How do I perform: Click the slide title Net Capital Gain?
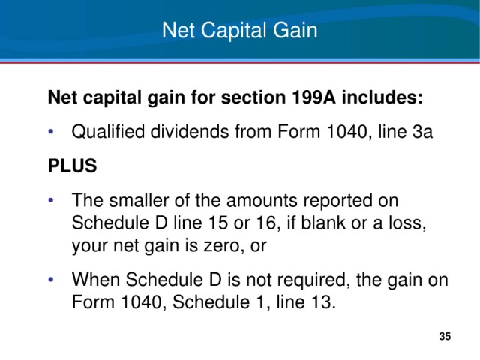(x=240, y=31)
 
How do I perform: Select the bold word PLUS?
(x=73, y=166)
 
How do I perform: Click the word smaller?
(x=139, y=201)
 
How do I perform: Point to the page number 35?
(x=445, y=336)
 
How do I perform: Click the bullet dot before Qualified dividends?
(x=51, y=132)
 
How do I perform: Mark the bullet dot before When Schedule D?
(x=51, y=280)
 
